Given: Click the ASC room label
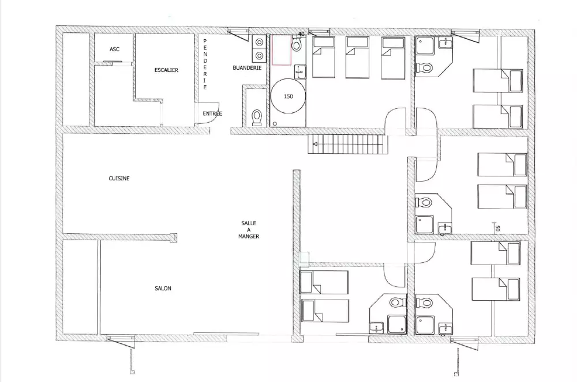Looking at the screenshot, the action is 114,49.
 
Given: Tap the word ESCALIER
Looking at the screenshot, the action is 166,70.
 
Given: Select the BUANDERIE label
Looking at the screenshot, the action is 248,68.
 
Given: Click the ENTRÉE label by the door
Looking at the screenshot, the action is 212,114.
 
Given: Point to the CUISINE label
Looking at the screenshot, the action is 119,179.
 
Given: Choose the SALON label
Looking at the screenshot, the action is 163,289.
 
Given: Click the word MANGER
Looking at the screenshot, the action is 249,237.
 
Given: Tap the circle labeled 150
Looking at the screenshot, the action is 288,96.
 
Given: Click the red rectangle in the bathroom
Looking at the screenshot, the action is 282,50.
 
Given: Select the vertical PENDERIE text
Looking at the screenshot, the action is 205,65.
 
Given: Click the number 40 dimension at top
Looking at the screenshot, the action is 301,34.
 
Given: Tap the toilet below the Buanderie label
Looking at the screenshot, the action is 257,118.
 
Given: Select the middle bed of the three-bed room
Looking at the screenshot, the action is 357,58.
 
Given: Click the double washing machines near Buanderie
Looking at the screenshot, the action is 260,49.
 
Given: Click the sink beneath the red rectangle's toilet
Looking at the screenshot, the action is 300,71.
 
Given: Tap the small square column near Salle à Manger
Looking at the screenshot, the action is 304,259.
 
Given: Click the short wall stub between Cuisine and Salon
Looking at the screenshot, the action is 173,237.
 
